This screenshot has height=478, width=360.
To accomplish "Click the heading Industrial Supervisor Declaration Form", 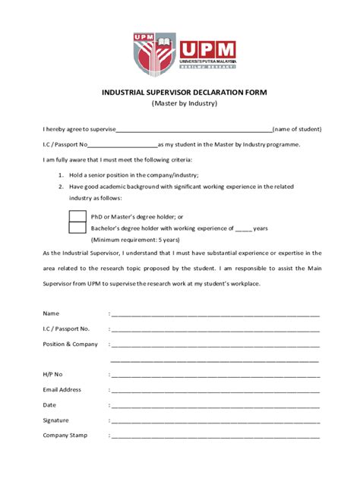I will (185, 92).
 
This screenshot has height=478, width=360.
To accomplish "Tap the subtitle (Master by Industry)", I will (185, 103).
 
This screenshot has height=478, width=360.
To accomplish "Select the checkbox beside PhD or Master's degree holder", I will (77, 216).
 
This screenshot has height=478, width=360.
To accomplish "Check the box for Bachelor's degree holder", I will (77, 227).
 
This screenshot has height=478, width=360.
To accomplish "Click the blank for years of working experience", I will (243, 228).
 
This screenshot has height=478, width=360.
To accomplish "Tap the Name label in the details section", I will (51, 313).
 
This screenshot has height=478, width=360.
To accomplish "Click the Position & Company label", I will (71, 344).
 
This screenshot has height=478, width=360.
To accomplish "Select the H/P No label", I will (53, 375).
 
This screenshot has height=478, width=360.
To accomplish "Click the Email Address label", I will (62, 390).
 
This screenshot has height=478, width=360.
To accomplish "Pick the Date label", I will (50, 405).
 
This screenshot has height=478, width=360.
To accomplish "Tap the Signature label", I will (56, 420).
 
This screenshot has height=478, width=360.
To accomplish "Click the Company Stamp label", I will (65, 436).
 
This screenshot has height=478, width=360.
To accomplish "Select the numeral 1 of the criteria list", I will (61, 175).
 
